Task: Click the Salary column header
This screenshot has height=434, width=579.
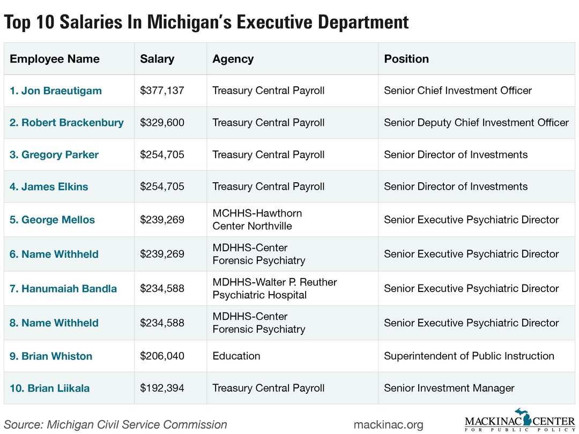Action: [x=157, y=59]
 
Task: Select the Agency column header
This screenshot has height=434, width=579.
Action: [x=233, y=59]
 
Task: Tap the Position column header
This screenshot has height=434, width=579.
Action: [x=406, y=59]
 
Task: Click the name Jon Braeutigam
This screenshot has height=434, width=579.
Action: [x=56, y=91]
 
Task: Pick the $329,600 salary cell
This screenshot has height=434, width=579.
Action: [x=162, y=123]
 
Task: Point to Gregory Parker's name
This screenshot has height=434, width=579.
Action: [x=55, y=155]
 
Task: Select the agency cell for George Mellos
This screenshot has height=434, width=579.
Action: [x=257, y=220]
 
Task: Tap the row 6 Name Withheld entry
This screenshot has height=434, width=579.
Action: [x=54, y=254]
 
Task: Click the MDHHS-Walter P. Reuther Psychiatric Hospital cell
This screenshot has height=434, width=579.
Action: [x=274, y=288]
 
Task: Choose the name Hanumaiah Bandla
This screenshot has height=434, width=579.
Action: [x=63, y=289]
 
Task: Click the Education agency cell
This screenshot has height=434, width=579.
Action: [x=236, y=356]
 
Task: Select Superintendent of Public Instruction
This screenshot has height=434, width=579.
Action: [x=469, y=356]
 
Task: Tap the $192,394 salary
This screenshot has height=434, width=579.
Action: [x=162, y=388]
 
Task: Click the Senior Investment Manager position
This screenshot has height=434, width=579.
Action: [x=449, y=388]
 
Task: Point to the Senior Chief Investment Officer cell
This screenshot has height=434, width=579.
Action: [x=458, y=91]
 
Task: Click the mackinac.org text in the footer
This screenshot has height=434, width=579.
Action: [x=388, y=425]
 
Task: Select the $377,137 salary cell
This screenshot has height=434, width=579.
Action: [x=162, y=91]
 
